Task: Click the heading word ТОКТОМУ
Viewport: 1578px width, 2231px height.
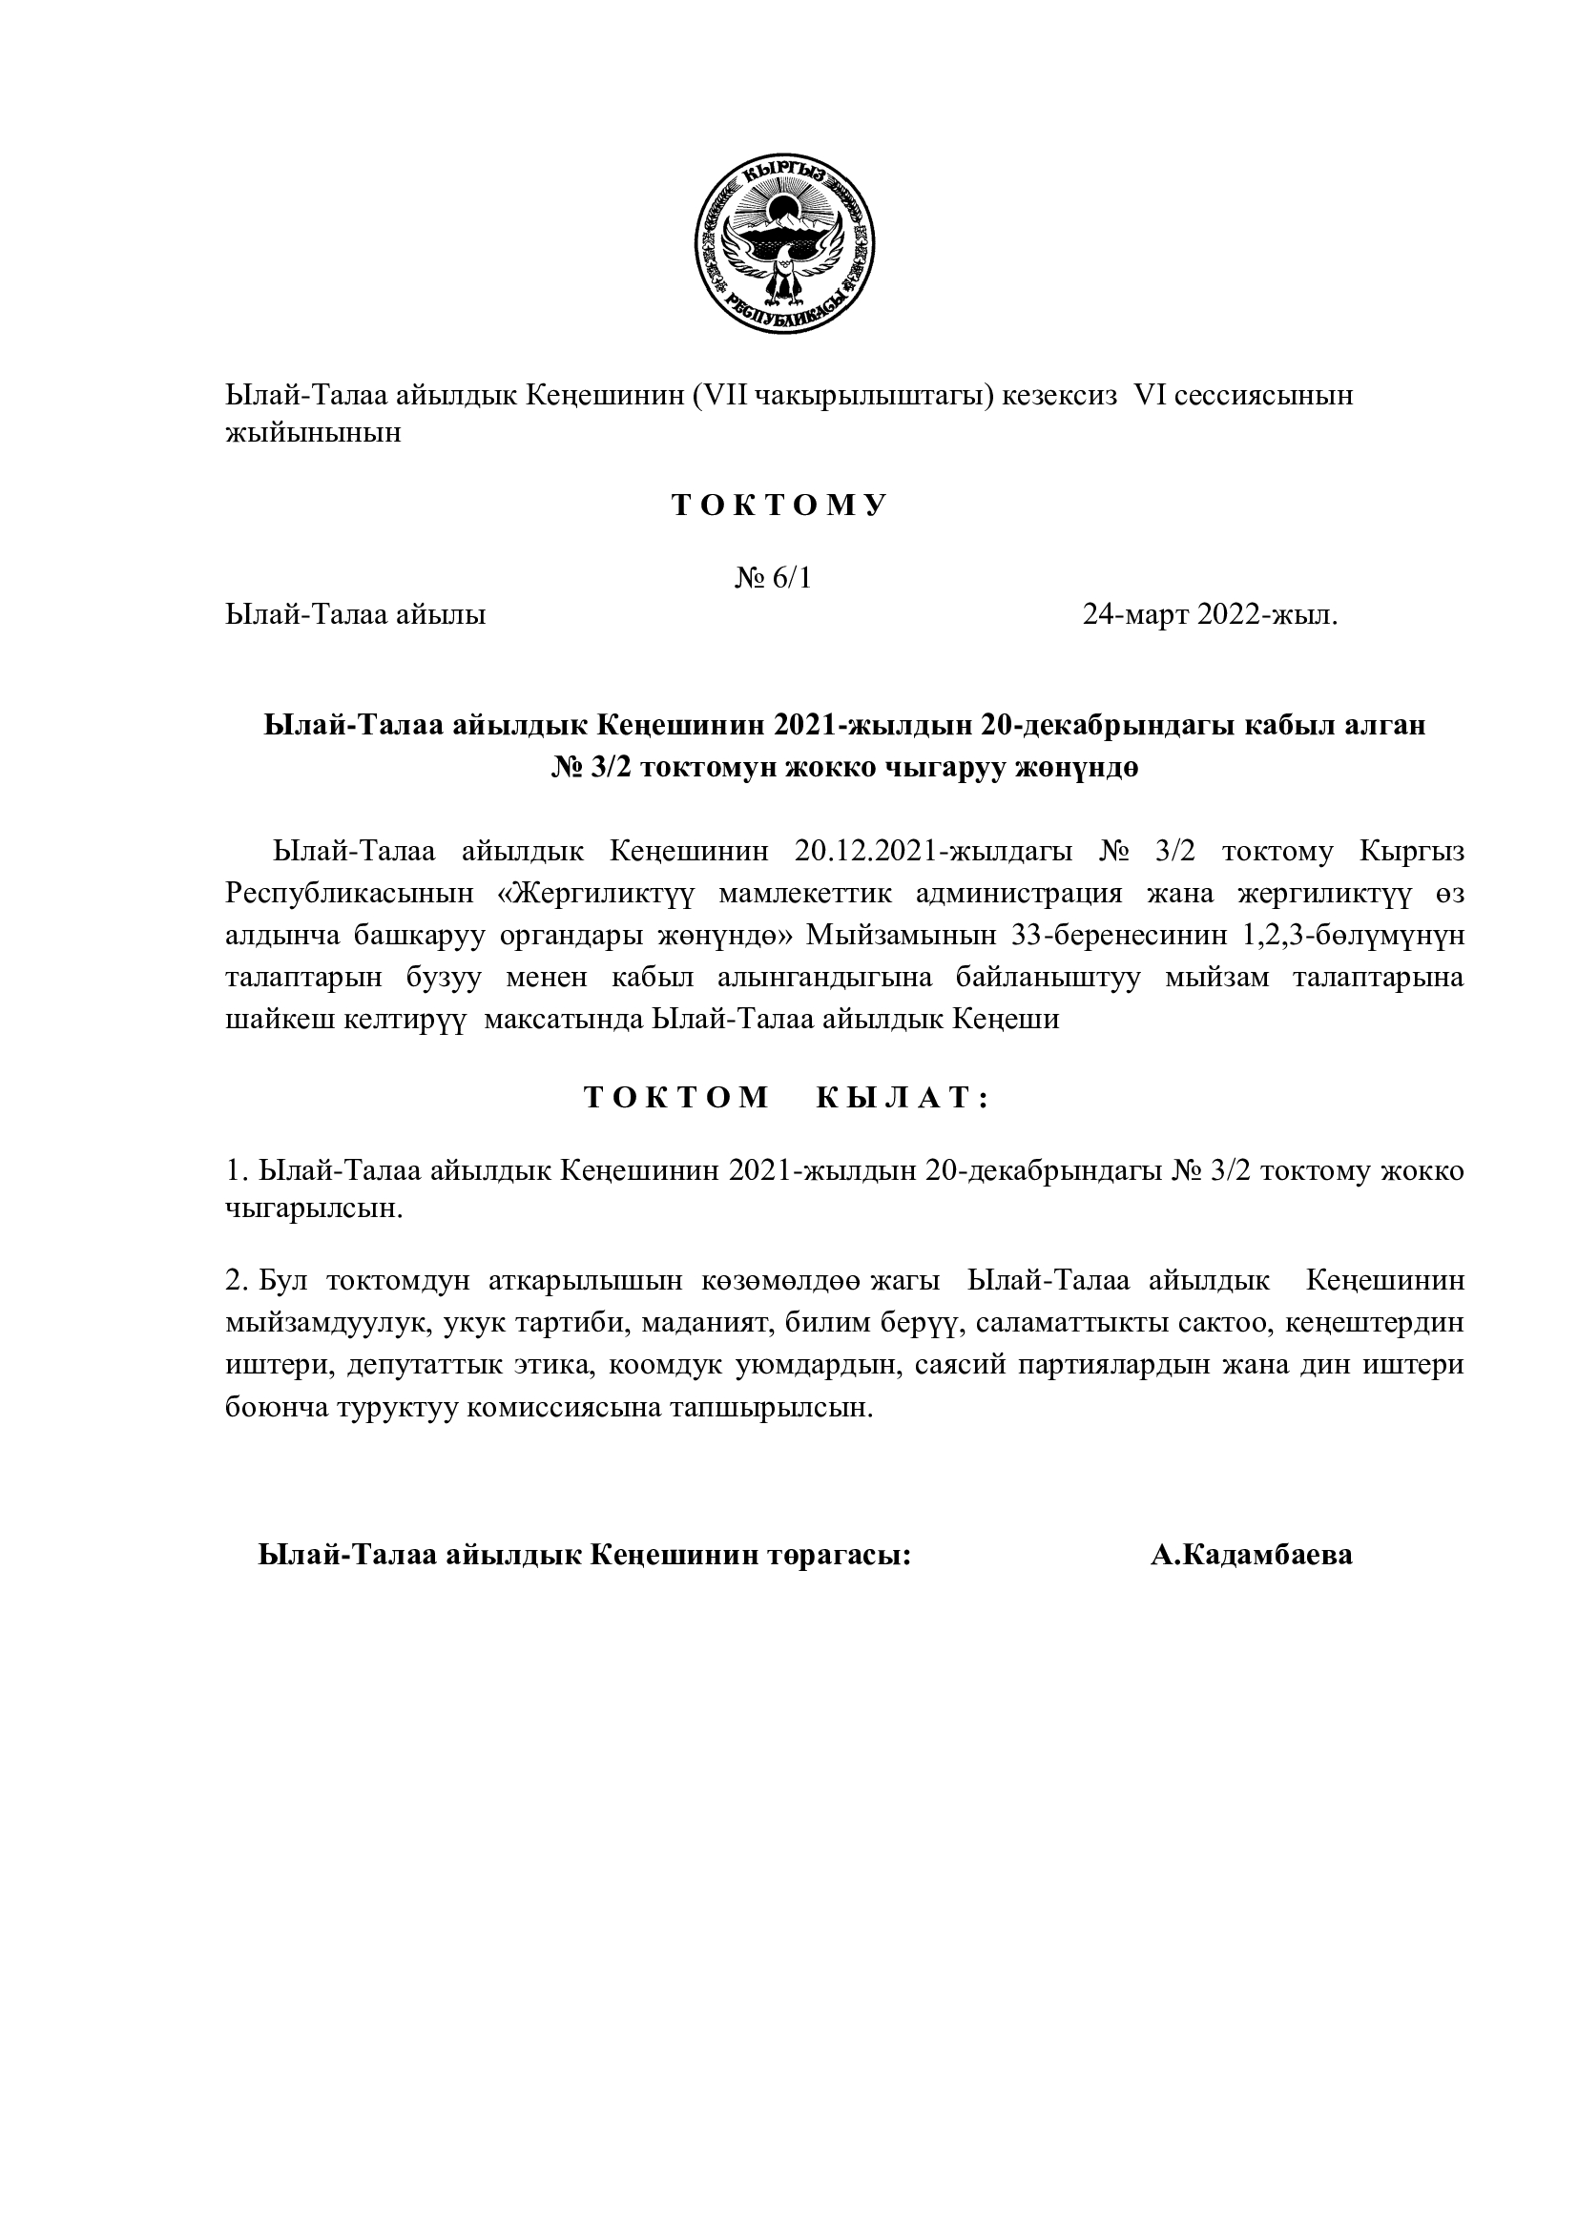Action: (779, 506)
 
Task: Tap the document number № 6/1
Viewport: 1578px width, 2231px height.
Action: (773, 578)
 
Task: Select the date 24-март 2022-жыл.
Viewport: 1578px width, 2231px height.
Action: (1210, 615)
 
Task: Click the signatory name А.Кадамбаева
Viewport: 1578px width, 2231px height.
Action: (1252, 1555)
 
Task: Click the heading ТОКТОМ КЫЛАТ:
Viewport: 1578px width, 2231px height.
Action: (786, 1097)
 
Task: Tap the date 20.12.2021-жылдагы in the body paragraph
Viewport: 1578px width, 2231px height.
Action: (933, 851)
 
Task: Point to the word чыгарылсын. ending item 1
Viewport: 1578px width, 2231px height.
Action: (314, 1210)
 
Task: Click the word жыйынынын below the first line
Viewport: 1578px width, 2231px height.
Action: (313, 433)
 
